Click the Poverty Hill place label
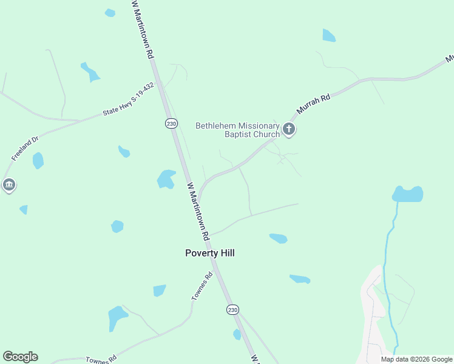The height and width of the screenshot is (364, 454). tap(209, 254)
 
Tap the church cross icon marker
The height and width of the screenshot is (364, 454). tap(289, 129)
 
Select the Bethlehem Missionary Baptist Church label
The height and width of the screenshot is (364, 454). tap(237, 130)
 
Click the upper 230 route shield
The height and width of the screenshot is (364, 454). tap(171, 123)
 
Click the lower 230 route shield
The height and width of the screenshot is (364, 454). tap(232, 309)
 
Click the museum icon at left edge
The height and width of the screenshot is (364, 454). tap(8, 184)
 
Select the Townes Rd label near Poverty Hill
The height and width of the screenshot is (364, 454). tap(201, 288)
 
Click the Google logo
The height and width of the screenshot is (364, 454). tap(20, 357)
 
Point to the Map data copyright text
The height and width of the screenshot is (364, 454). tap(416, 359)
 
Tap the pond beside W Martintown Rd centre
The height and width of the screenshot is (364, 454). tap(166, 179)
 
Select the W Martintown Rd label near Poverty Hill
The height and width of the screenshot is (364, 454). tap(198, 209)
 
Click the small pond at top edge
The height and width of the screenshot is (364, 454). tap(110, 13)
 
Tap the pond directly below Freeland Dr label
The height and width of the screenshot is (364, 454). tap(38, 161)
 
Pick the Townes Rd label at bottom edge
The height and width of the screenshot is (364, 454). tap(100, 360)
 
